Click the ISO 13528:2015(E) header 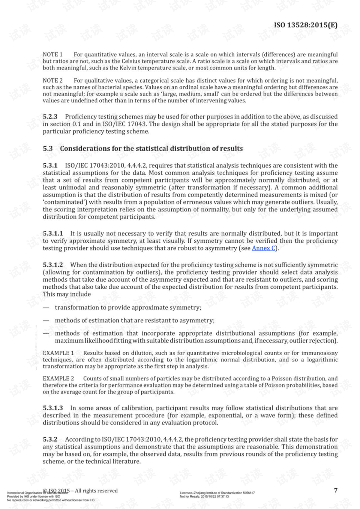(306, 25)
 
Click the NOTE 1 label (52, 54)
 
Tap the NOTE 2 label (52, 81)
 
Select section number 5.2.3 (50, 117)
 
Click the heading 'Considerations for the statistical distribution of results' (151, 149)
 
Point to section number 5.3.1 (50, 165)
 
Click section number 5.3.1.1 (53, 233)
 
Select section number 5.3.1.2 (53, 265)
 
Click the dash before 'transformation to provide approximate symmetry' (46, 308)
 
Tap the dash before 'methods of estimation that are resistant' (46, 321)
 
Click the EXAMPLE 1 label (58, 353)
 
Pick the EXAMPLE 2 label (58, 378)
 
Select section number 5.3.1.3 (53, 408)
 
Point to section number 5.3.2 (50, 439)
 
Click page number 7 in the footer (336, 490)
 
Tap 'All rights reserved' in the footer (96, 491)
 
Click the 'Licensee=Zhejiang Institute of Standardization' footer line (217, 493)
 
